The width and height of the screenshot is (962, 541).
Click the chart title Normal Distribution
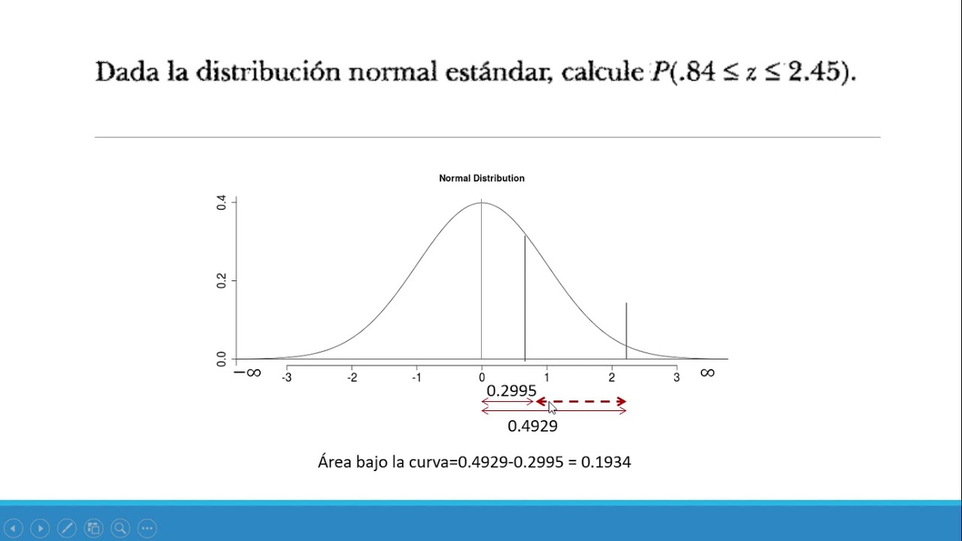(482, 178)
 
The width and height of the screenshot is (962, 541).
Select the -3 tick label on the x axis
(286, 377)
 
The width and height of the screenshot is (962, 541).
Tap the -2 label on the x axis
(352, 377)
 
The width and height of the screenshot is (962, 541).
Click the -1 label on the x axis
(416, 377)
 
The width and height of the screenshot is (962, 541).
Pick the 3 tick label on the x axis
(676, 377)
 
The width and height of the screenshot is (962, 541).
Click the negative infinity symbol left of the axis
(247, 373)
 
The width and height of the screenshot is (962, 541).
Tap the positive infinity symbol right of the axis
(707, 373)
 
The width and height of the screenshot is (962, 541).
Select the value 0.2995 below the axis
(511, 391)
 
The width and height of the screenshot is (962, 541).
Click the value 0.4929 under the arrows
(532, 426)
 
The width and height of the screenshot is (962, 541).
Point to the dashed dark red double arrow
(581, 402)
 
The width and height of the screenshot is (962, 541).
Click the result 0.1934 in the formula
(610, 461)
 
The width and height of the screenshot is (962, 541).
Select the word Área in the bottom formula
(334, 461)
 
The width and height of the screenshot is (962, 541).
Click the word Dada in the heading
(121, 72)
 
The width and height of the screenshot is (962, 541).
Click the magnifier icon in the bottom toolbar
(120, 528)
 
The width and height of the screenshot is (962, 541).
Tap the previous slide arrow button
(14, 528)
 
